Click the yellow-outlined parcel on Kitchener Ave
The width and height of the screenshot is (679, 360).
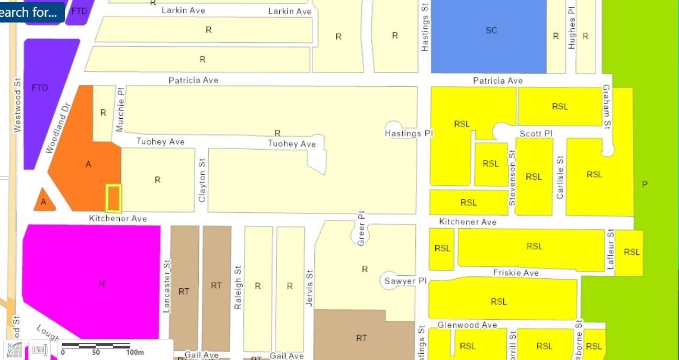tap(114, 198)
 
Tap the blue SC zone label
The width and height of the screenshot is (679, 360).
tap(491, 30)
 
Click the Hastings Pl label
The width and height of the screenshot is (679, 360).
tap(409, 133)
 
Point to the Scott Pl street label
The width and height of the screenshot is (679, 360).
tap(536, 133)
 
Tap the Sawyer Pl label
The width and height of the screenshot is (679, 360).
tap(405, 281)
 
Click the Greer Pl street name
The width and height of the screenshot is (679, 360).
tap(361, 229)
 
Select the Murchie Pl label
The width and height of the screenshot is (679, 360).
tap(120, 109)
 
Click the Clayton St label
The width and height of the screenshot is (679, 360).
tap(202, 181)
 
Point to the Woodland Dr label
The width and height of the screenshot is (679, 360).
tap(58, 128)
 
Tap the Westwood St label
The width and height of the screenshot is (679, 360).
tap(17, 104)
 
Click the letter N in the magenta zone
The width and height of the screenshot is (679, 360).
tap(101, 284)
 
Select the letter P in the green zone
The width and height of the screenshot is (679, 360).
tap(644, 184)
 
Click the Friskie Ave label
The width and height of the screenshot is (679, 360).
tap(515, 273)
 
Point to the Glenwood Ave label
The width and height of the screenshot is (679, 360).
tap(467, 325)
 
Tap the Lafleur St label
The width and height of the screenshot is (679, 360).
tap(610, 250)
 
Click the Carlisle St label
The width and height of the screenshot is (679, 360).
tap(560, 177)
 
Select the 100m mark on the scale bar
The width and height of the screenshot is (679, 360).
tap(134, 352)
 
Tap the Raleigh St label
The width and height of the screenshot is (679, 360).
tap(238, 287)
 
